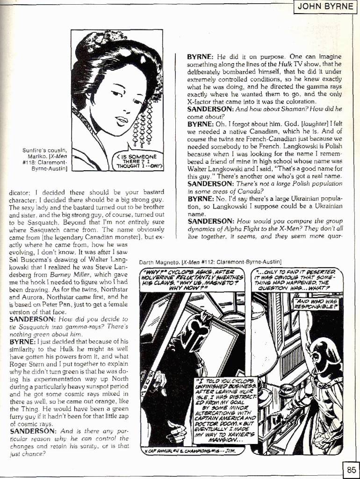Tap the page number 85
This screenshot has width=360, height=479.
pyautogui.click(x=351, y=469)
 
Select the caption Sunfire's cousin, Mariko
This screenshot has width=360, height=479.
pyautogui.click(x=45, y=159)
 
